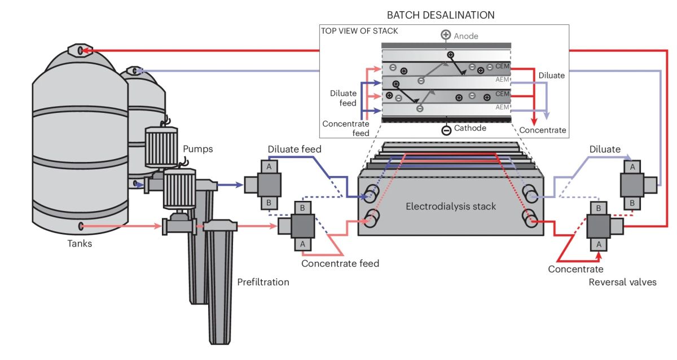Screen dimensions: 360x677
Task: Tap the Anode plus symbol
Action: point(445,36)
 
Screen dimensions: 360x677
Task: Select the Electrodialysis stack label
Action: point(451,207)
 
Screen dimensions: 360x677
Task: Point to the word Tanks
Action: point(79,244)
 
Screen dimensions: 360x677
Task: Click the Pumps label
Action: point(197,150)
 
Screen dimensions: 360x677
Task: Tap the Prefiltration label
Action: point(263,282)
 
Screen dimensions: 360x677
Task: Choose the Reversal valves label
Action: point(622,282)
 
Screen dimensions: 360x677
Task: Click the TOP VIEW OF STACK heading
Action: point(359,31)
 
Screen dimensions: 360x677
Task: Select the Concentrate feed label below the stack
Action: point(340,263)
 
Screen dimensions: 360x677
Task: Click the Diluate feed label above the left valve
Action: point(294,150)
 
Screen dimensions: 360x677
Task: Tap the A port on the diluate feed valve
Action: point(269,166)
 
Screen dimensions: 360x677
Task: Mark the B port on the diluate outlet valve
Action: point(632,202)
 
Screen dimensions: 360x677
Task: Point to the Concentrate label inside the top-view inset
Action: point(542,130)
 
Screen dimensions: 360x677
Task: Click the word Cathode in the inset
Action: point(471,128)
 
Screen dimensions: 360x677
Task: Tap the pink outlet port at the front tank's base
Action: point(81,226)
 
